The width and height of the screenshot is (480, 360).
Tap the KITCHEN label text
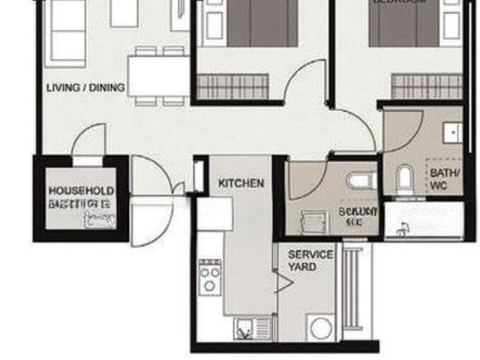coord(241,183)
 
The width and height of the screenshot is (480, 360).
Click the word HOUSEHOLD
coord(81,191)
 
